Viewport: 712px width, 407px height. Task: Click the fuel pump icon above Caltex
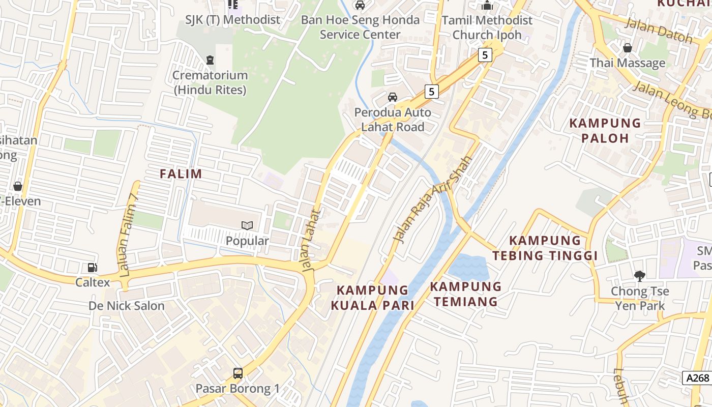(92, 268)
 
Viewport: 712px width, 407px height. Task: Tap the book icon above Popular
(247, 225)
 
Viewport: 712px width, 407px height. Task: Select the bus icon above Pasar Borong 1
(238, 373)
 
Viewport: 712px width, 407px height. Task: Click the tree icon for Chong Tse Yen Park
(639, 276)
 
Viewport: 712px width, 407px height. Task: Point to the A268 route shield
(697, 378)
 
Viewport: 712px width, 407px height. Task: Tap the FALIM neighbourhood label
(181, 174)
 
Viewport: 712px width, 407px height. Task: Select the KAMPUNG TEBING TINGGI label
(553, 248)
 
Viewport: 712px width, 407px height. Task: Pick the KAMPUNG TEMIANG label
(466, 294)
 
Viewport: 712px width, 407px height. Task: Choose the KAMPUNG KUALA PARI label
(373, 298)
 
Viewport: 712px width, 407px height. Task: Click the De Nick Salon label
(127, 306)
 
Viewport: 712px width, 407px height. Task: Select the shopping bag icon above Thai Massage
(628, 48)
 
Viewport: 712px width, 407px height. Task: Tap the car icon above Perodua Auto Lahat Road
(393, 97)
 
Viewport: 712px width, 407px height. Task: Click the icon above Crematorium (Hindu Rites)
(210, 60)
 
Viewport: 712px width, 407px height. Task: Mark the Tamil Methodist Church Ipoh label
(487, 27)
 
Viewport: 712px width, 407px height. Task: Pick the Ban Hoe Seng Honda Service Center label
(360, 27)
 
